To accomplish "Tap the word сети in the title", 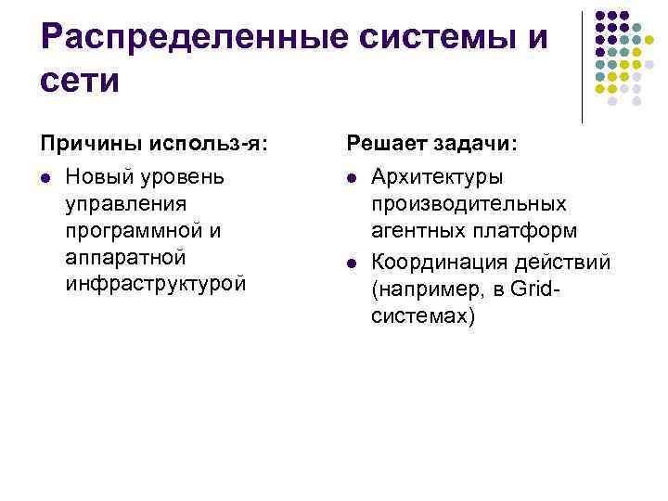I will (x=81, y=81).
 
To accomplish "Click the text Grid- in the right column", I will (x=540, y=289).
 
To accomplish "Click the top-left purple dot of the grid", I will (x=598, y=16).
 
